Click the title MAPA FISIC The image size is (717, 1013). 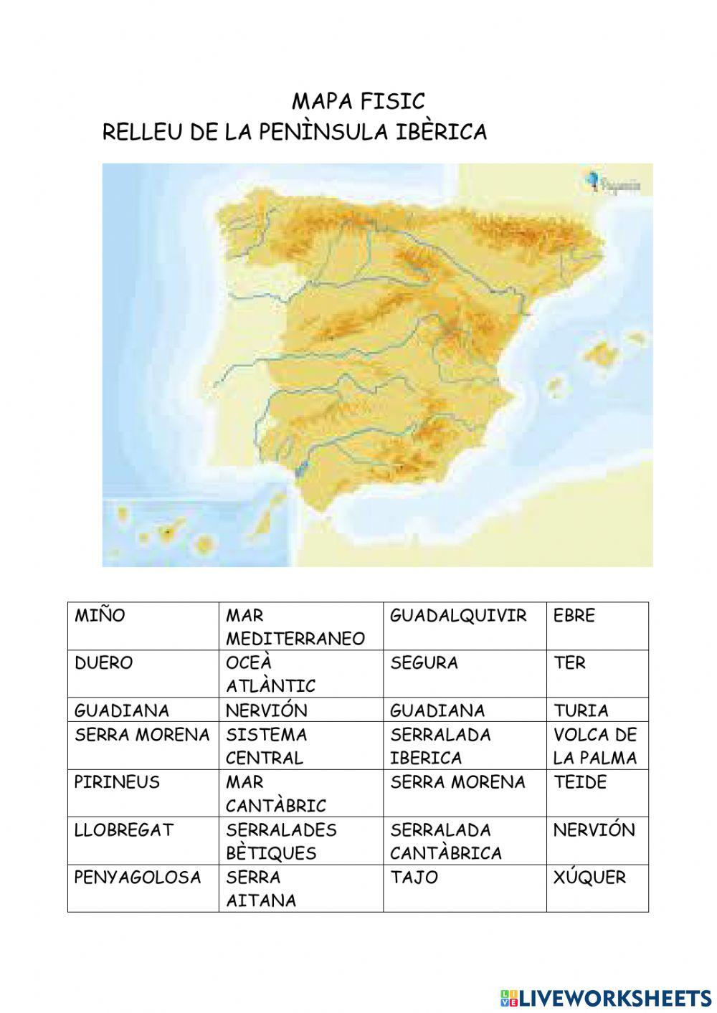click(x=358, y=101)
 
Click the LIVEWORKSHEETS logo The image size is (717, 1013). click(x=606, y=997)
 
